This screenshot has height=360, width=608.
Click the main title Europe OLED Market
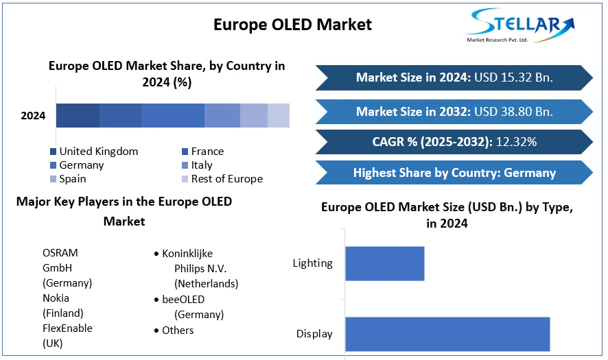(x=292, y=25)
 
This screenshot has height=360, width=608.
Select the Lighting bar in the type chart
(x=384, y=263)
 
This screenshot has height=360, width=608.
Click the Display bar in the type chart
(x=447, y=334)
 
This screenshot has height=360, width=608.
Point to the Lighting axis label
(x=312, y=263)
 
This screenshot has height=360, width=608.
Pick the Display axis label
(x=314, y=334)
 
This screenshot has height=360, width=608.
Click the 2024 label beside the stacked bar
(x=33, y=116)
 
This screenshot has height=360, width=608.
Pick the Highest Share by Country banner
(x=454, y=173)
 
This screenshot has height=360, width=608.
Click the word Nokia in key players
(x=56, y=298)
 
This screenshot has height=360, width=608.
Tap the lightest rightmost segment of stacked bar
(x=279, y=116)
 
